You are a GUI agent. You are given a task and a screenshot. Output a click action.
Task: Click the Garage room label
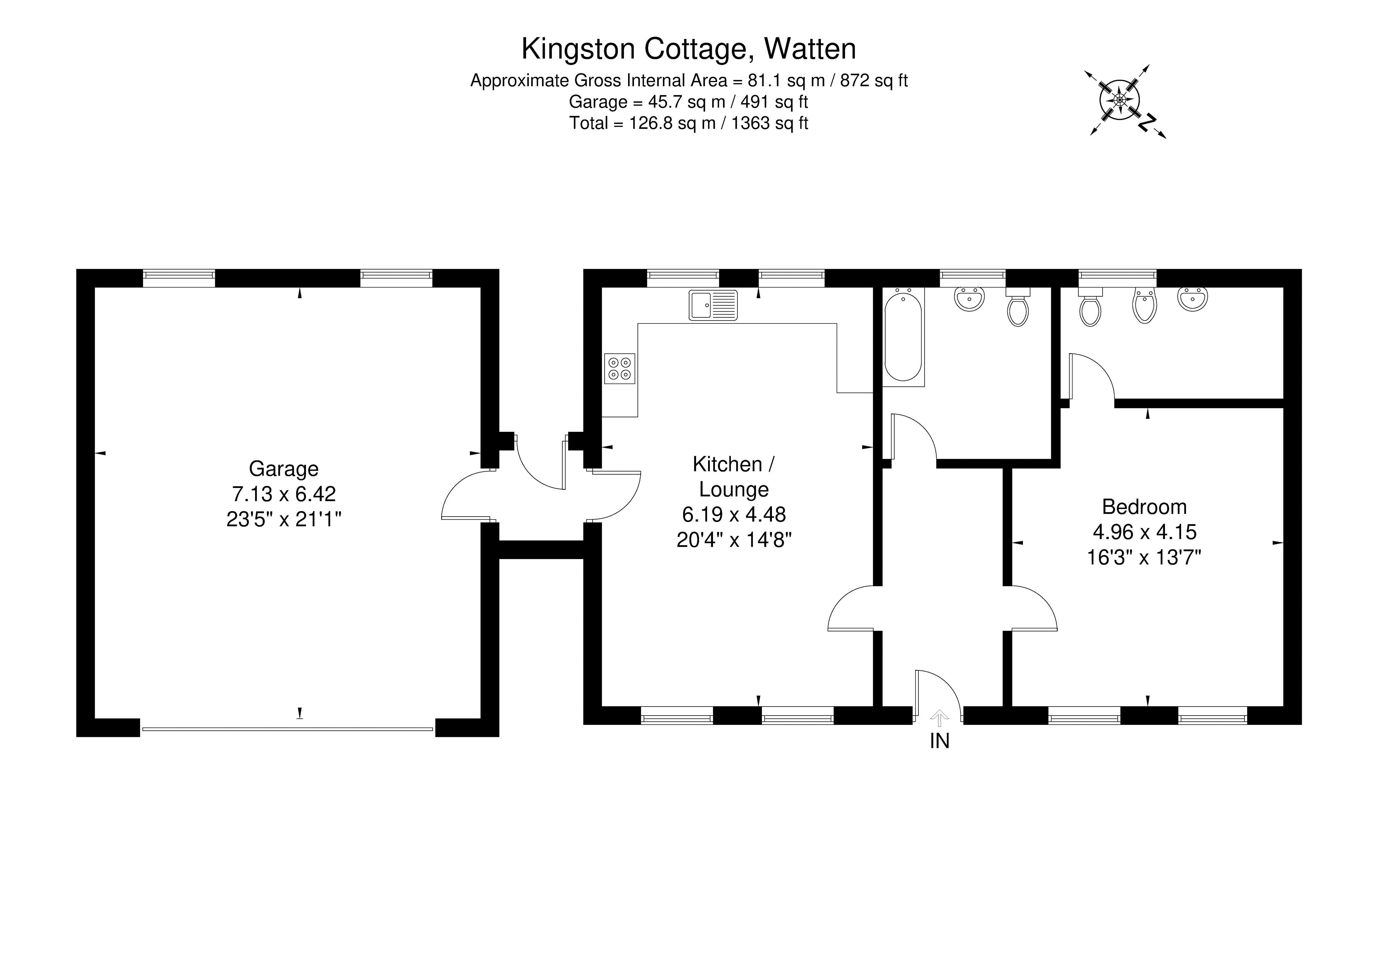pos(283,468)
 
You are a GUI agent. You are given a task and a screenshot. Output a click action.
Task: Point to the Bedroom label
pos(1144,507)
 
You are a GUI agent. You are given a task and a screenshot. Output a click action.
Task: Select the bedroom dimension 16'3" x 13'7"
pos(1144,558)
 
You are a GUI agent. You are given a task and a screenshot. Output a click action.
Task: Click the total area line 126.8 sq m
pos(688,123)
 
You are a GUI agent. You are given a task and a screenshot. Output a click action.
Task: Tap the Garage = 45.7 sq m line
pos(688,101)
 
